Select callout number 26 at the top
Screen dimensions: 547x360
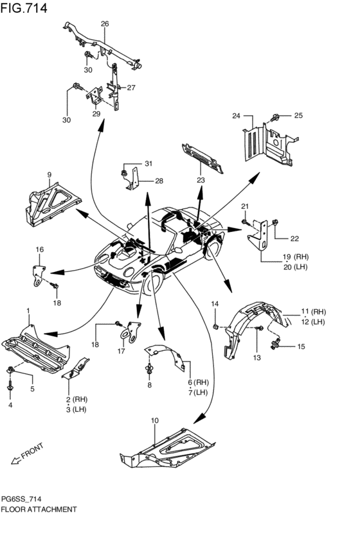105,24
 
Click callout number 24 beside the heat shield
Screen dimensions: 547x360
236,116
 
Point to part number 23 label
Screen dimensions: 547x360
201,181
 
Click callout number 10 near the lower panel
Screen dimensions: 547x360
154,420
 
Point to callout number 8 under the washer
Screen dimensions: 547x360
149,385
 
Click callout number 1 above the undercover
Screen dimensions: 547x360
28,310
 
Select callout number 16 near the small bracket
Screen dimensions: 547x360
39,249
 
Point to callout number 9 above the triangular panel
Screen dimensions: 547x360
48,175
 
